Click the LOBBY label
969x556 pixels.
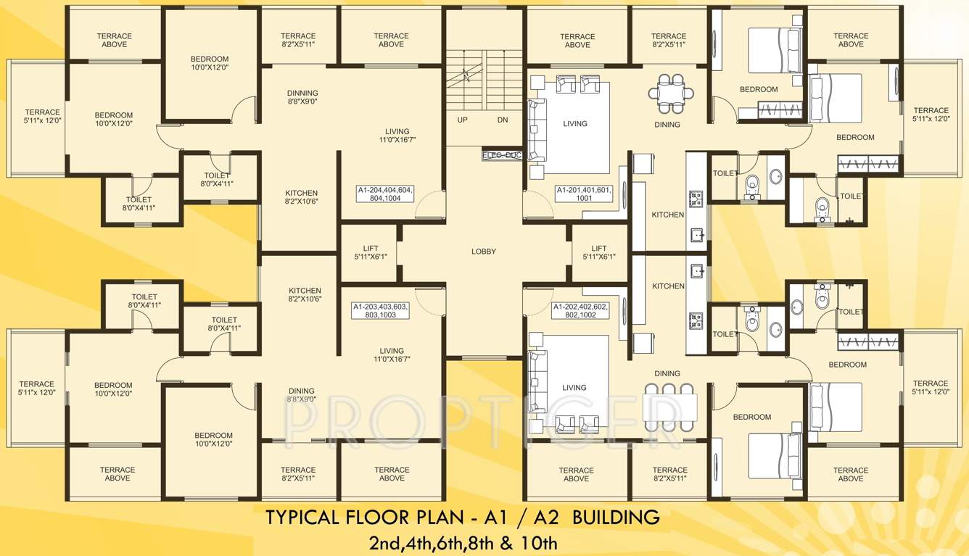(484, 252)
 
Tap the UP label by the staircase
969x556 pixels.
(462, 120)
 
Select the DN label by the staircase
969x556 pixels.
(502, 120)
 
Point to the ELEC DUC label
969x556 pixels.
(501, 154)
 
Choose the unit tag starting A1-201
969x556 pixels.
(584, 194)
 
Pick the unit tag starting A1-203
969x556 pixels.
(381, 310)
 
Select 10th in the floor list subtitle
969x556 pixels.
(541, 542)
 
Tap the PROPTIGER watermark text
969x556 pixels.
(484, 417)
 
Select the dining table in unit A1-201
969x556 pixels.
(670, 92)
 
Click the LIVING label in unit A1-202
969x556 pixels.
(574, 388)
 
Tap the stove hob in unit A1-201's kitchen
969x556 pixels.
(696, 197)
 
